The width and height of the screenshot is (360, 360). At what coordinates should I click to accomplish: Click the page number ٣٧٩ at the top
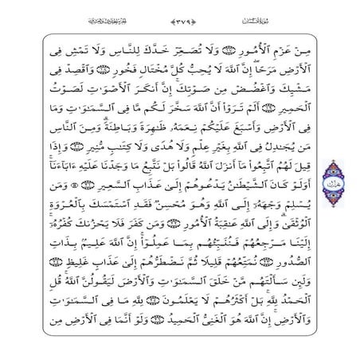point(180,18)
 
